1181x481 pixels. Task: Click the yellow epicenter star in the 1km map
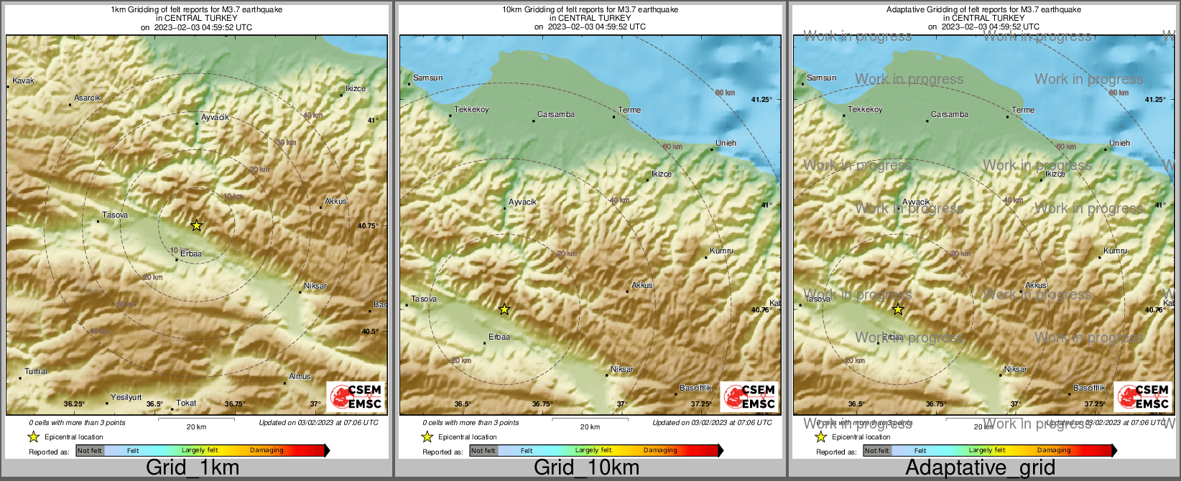[x=196, y=225]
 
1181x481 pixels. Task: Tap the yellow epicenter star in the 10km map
[x=504, y=309]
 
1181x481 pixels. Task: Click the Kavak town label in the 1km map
[x=23, y=80]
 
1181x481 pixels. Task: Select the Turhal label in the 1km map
[x=36, y=371]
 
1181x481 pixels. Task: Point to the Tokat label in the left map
[x=186, y=403]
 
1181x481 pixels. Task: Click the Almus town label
[x=300, y=376]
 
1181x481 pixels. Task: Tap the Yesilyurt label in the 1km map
[x=126, y=397]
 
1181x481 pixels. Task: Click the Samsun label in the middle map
[x=427, y=78]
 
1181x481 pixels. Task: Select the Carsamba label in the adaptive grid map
[x=949, y=114]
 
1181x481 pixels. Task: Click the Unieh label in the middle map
[x=726, y=143]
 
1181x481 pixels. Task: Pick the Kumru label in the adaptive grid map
[x=1115, y=251]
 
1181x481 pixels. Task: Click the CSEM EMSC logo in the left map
[x=356, y=397]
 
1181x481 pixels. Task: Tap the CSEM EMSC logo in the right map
[x=1144, y=397]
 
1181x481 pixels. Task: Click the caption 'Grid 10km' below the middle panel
[x=586, y=467]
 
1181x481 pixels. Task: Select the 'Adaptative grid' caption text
[x=980, y=467]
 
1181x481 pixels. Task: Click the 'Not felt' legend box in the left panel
[x=90, y=451]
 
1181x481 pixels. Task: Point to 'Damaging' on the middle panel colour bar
[x=659, y=450]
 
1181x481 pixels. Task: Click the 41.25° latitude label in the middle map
[x=761, y=100]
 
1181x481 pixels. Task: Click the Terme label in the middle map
[x=629, y=110]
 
